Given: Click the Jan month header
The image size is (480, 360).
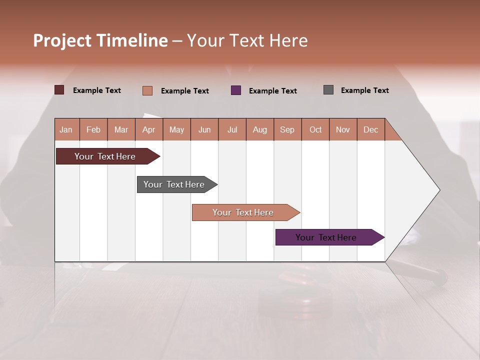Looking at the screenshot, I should (66, 129).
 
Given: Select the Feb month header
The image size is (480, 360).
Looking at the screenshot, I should (93, 129).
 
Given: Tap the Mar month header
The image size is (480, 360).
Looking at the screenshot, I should (121, 129).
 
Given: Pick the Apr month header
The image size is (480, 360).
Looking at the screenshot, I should (149, 129).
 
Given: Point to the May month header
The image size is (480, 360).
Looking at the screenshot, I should (176, 129).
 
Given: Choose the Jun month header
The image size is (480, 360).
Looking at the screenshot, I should (204, 129).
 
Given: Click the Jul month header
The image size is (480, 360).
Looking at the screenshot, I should (232, 129).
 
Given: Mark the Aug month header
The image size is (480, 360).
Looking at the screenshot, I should (260, 129).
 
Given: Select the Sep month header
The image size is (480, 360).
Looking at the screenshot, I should (287, 129).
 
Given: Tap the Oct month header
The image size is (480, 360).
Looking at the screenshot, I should (315, 129).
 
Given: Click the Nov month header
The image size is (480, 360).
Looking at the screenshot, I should (343, 129).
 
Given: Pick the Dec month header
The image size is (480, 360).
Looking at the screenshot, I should (370, 129).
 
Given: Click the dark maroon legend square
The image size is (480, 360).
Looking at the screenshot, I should (59, 90).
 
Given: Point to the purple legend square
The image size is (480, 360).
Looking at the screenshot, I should (236, 90).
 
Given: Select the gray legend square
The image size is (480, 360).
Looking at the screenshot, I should (328, 90).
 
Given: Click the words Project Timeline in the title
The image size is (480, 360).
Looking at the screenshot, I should (100, 40).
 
